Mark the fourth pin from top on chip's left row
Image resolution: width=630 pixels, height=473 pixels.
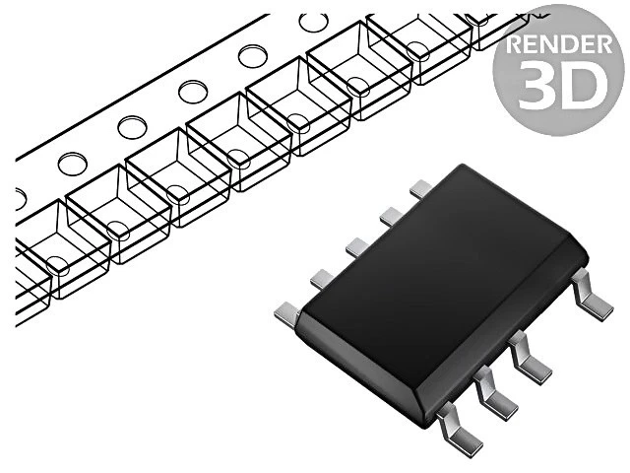tap(321, 279)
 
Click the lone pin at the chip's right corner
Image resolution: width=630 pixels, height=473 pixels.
tap(594, 302)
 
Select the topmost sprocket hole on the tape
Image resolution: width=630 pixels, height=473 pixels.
tap(314, 22)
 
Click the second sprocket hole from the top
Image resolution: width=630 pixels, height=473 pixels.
tap(253, 57)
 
